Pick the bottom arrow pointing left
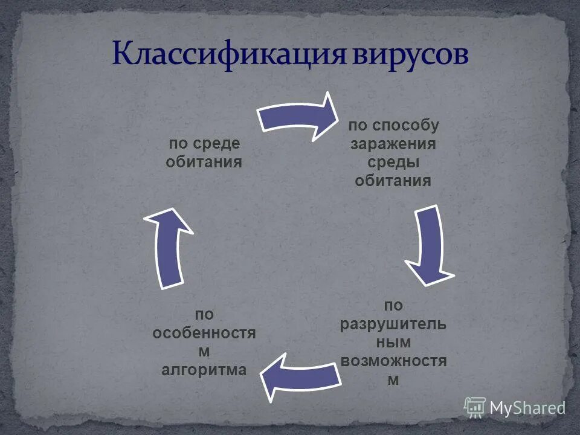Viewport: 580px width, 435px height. click(x=299, y=375)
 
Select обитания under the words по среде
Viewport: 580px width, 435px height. click(x=204, y=162)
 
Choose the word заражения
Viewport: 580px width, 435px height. click(x=393, y=144)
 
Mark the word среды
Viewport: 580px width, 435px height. click(x=393, y=163)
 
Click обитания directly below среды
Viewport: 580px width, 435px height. click(x=393, y=181)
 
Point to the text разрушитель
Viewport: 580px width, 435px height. click(x=393, y=324)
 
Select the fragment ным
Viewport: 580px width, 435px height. click(x=393, y=343)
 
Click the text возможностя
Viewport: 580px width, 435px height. click(x=393, y=361)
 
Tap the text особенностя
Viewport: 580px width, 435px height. click(x=204, y=333)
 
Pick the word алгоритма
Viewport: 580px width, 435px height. click(x=204, y=370)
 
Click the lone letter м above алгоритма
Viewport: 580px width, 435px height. click(x=204, y=352)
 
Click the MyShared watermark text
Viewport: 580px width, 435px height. click(x=527, y=408)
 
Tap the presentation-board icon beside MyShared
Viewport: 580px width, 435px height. click(x=475, y=407)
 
